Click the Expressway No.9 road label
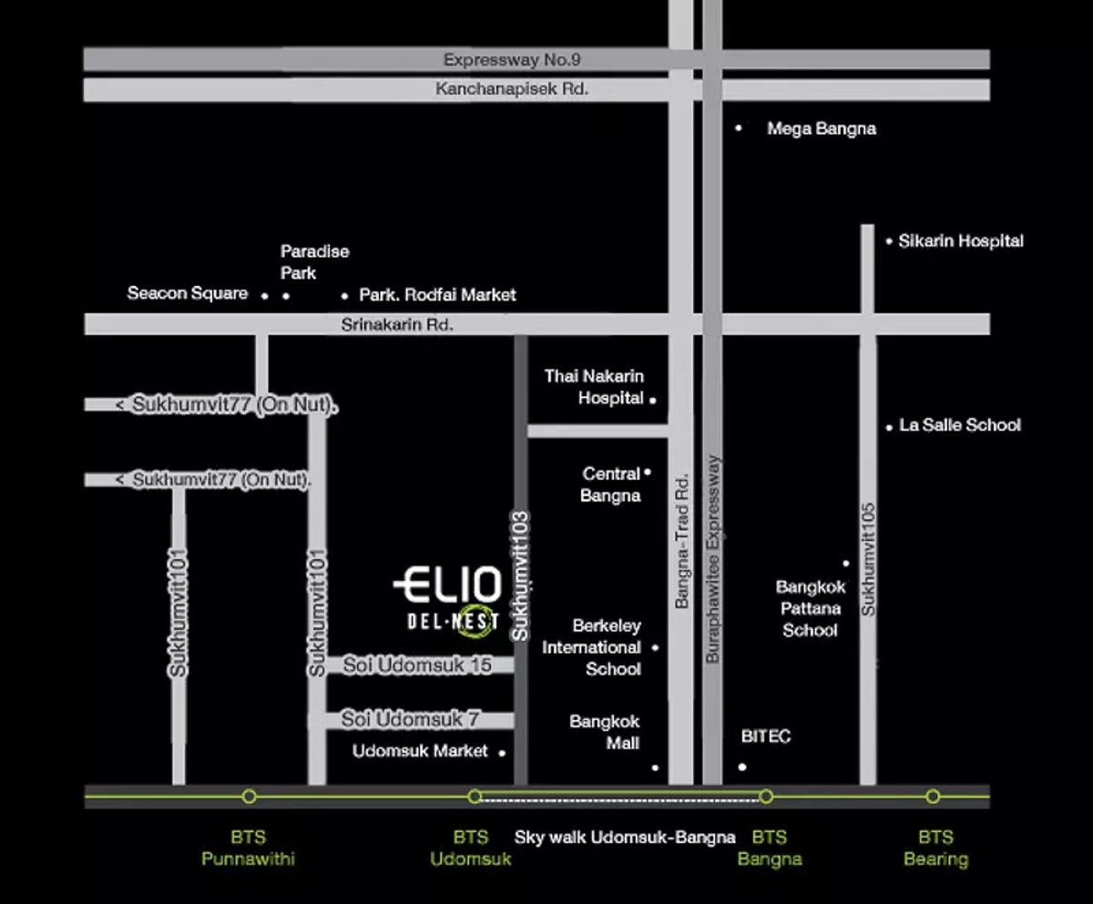(512, 60)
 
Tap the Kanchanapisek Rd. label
(512, 89)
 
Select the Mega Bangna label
(822, 128)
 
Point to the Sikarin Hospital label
(961, 241)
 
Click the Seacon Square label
(188, 293)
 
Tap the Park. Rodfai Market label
(437, 295)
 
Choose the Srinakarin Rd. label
(397, 325)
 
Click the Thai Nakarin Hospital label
(594, 387)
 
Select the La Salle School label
(960, 425)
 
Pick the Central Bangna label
(611, 484)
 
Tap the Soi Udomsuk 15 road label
(417, 665)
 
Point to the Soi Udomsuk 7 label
(411, 719)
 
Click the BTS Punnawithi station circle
(250, 797)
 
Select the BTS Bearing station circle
(933, 797)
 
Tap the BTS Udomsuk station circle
(475, 797)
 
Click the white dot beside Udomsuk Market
(502, 754)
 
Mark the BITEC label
(766, 736)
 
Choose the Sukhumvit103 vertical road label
(520, 576)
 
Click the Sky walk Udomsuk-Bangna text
(625, 838)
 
